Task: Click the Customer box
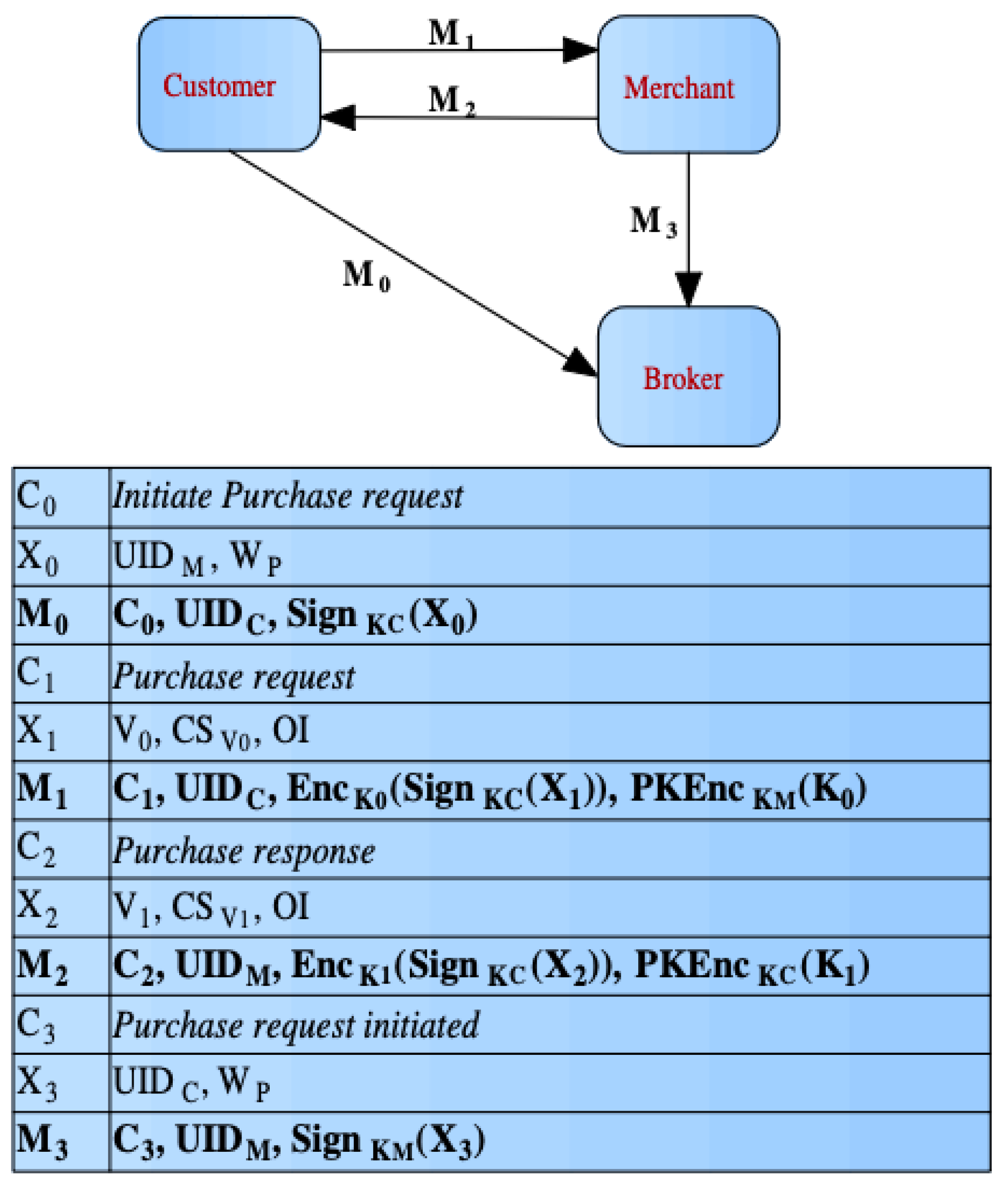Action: (x=229, y=84)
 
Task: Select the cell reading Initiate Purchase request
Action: (x=287, y=496)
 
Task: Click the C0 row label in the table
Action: (x=37, y=497)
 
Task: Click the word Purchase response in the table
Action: (x=243, y=852)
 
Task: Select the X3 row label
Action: (x=37, y=1083)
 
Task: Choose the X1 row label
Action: (x=37, y=732)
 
